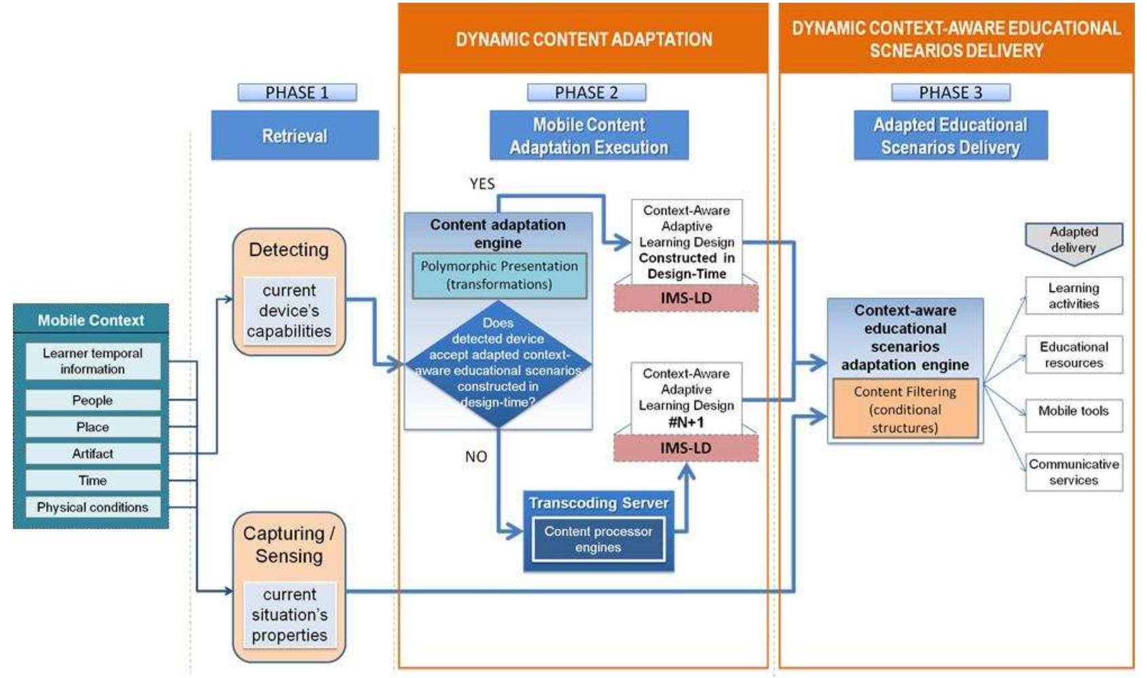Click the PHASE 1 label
point(297,92)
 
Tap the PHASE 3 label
point(950,92)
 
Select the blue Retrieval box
point(295,136)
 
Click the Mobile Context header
point(91,320)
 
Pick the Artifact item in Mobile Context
point(92,453)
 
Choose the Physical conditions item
point(92,507)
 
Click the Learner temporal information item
point(92,361)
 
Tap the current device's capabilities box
point(289,310)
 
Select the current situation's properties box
point(289,614)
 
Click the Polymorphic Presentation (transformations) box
point(499,275)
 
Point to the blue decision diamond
point(498,363)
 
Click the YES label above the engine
point(481,184)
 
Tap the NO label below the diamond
point(475,457)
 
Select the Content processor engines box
point(598,540)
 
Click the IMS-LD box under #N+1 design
point(686,449)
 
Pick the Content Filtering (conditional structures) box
point(905,409)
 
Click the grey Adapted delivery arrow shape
point(1073,240)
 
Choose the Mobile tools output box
point(1073,411)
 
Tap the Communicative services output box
point(1073,472)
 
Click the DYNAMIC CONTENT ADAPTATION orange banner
point(583,39)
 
